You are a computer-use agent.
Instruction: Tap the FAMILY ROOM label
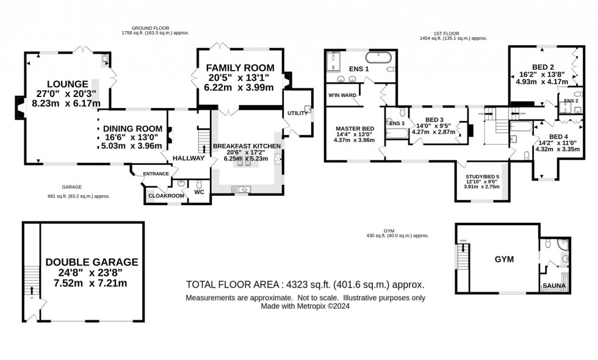point(239,67)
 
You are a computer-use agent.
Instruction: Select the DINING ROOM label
point(132,129)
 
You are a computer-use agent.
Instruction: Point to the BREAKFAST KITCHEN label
point(247,146)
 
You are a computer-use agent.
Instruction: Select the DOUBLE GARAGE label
point(92,262)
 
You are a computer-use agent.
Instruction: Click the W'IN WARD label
point(342,95)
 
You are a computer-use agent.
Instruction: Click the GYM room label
point(504,259)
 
